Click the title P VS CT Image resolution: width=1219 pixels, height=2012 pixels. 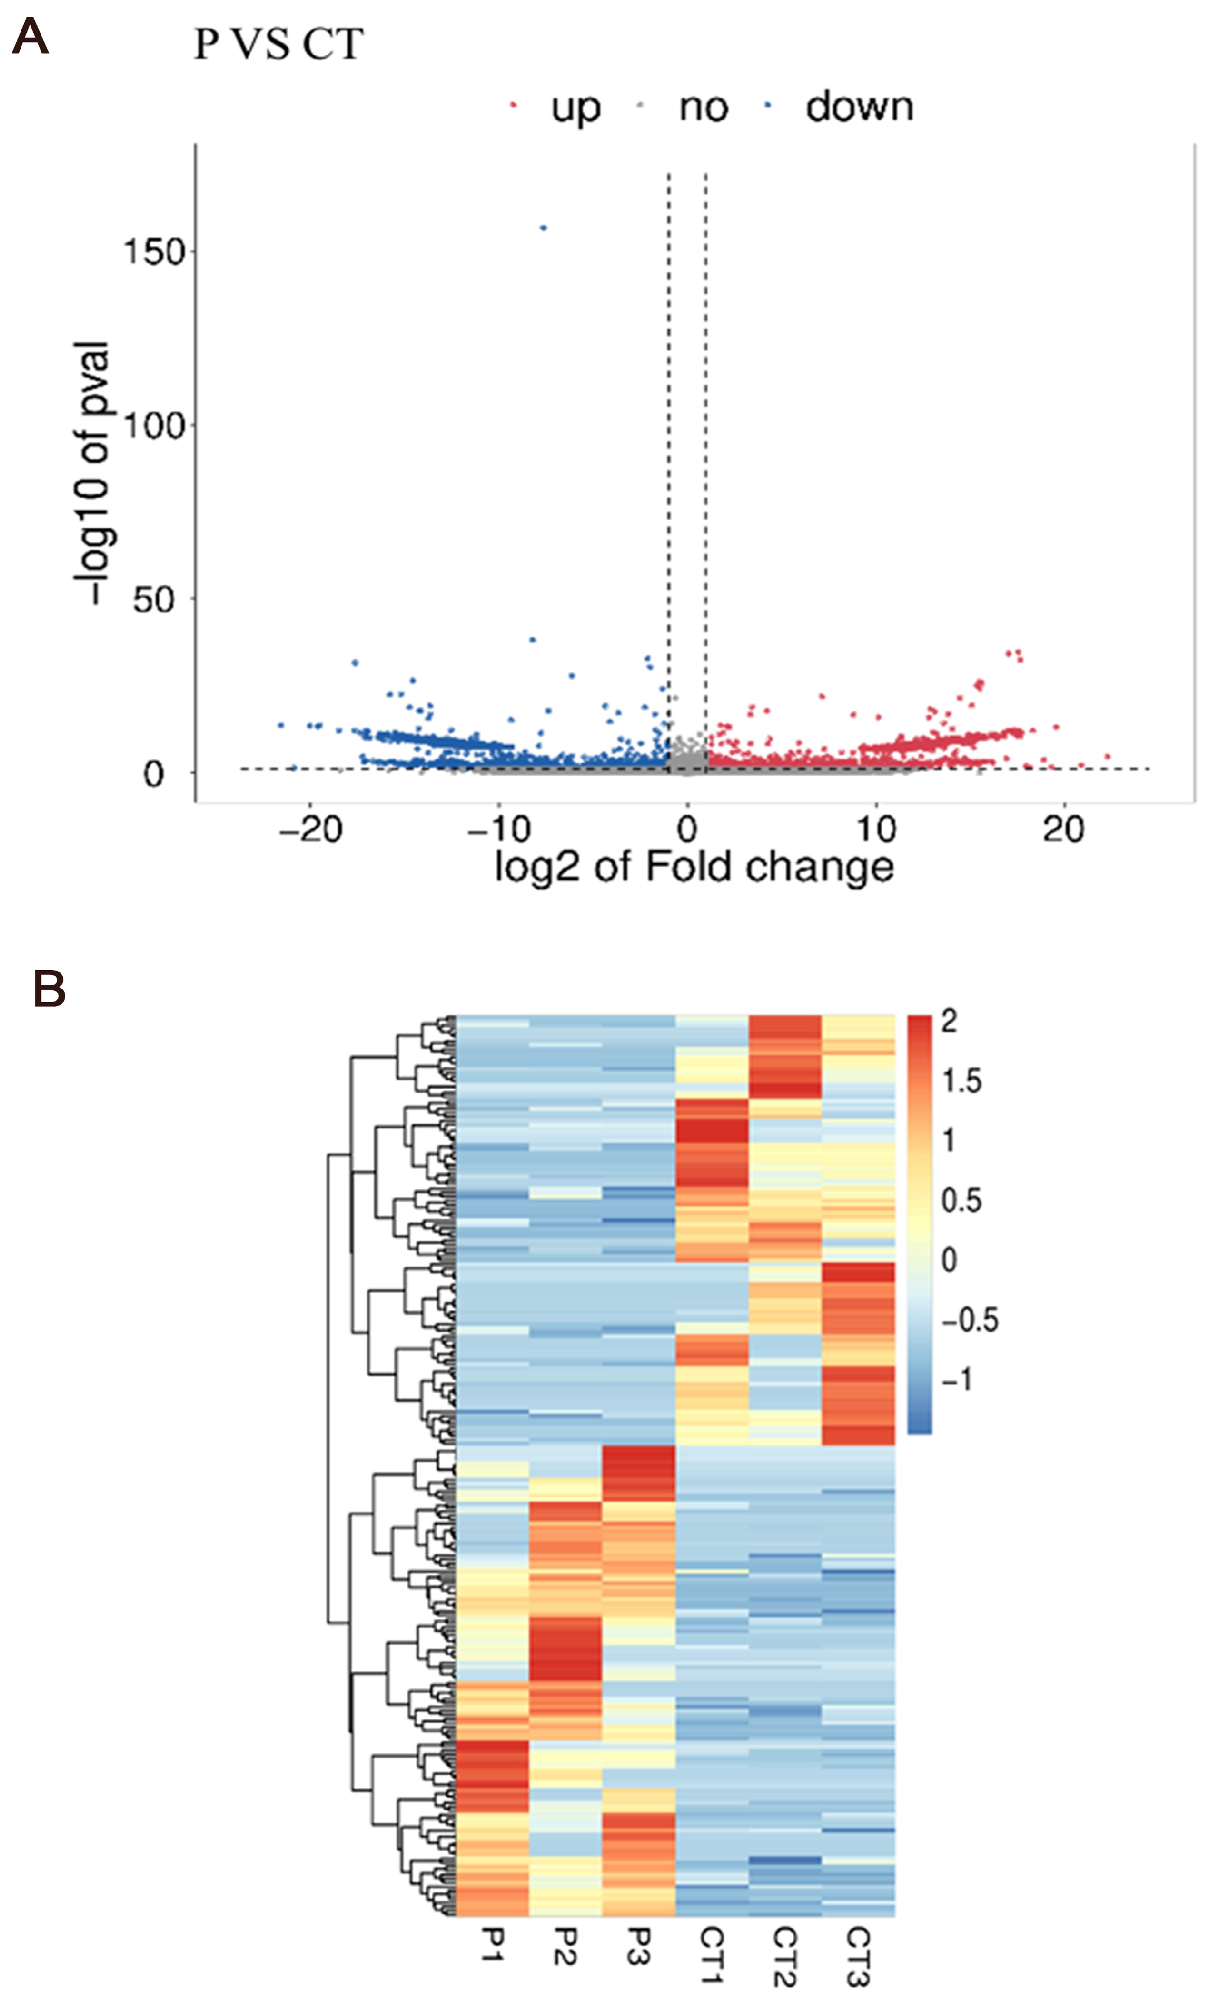277,44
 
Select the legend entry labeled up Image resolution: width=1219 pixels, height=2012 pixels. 575,107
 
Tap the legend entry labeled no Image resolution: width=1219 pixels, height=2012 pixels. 702,107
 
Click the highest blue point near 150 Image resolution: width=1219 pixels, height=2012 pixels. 543,228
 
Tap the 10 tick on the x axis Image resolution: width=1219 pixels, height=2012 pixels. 875,830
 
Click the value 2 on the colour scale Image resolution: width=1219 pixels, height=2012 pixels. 948,1021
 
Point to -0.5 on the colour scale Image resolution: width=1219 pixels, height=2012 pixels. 969,1319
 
